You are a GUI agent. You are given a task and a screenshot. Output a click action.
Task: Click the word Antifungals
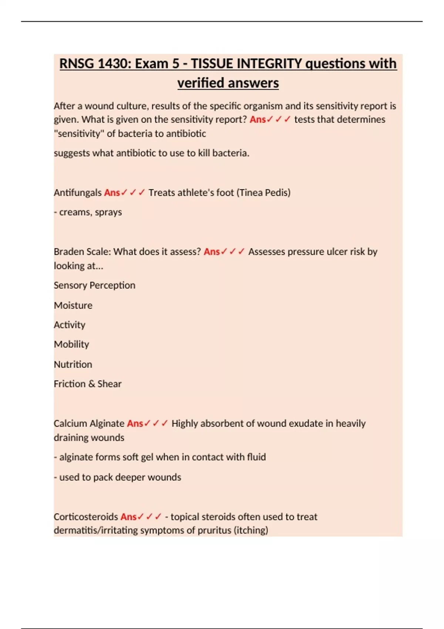pos(77,193)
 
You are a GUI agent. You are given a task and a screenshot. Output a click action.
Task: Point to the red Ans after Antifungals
pos(112,193)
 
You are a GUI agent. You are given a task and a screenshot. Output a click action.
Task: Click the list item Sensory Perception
pos(94,286)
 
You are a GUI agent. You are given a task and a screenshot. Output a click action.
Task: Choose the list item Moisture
pos(73,306)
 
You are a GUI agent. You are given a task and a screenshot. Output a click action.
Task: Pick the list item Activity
pos(70,325)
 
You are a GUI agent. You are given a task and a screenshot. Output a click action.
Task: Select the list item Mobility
pos(71,344)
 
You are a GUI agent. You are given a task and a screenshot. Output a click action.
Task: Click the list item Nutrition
pos(73,364)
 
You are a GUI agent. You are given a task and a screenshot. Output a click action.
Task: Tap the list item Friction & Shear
pos(87,384)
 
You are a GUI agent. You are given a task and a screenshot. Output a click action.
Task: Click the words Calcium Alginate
pos(89,424)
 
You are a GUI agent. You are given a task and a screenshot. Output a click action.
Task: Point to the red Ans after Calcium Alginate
pos(135,424)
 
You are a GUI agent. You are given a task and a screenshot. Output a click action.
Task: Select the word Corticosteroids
pos(86,517)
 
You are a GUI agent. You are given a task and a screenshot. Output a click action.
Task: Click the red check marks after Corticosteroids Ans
pos(149,517)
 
